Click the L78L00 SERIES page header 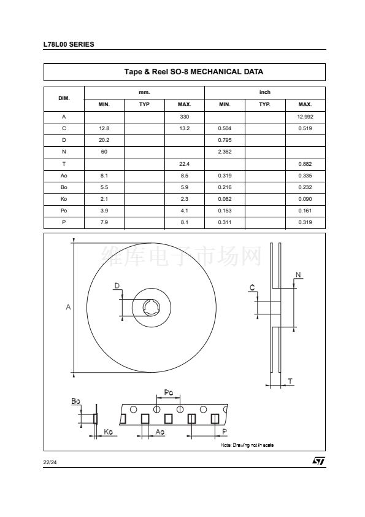(69, 44)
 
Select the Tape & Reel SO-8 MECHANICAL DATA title (193, 72)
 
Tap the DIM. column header (64, 98)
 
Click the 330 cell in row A (185, 117)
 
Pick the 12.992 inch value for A (305, 117)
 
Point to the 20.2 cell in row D (104, 140)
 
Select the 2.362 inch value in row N (225, 152)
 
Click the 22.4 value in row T (185, 164)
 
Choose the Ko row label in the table (64, 199)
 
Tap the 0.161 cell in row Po (305, 211)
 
